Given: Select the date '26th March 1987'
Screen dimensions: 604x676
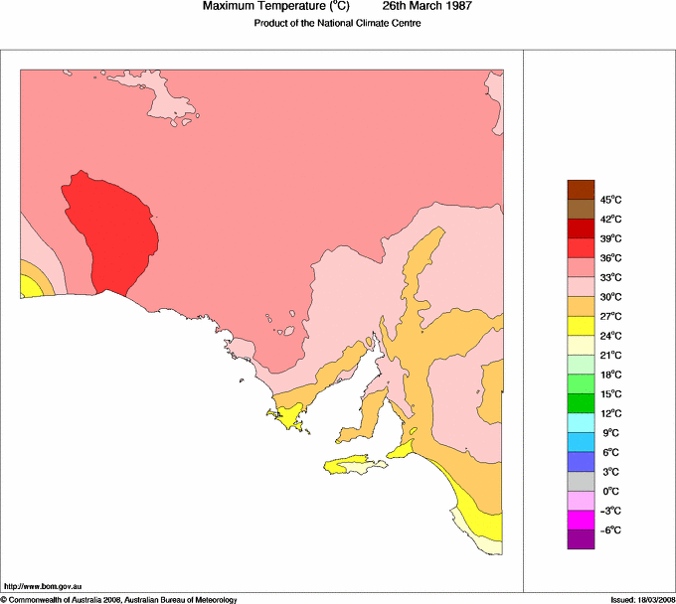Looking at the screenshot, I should point(427,7).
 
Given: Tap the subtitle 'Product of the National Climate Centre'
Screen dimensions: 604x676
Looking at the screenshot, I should point(338,24).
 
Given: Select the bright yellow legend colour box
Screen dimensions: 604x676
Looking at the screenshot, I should point(581,325).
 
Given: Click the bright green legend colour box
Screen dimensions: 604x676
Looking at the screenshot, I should point(581,383).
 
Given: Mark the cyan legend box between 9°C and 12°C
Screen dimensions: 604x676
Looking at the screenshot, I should point(581,422).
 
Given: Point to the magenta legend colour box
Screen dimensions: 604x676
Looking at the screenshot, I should point(581,520).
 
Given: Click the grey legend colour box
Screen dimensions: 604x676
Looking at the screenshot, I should point(581,481).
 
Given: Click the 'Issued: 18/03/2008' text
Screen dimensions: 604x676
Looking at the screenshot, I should point(636,599).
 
